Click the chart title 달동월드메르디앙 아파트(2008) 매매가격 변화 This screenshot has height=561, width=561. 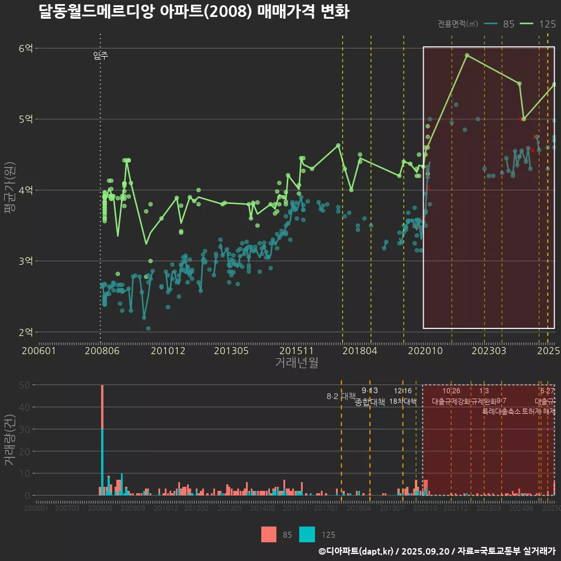tap(193, 12)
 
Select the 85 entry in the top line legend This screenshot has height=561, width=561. tap(508, 24)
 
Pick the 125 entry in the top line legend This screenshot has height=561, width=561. tap(547, 24)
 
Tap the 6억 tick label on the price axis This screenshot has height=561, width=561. tap(26, 49)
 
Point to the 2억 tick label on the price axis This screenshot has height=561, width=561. tap(26, 332)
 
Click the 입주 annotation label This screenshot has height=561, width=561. tap(101, 56)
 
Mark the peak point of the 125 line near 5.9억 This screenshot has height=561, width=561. tap(467, 55)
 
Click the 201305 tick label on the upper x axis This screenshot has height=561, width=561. tap(232, 351)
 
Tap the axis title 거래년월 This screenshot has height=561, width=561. tap(297, 363)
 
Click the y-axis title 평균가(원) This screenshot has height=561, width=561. tap(10, 190)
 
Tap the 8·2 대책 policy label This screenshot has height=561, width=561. tap(341, 396)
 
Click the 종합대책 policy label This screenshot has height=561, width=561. tap(370, 402)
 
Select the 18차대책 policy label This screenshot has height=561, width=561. tap(403, 402)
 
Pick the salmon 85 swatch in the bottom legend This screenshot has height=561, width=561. tap(269, 534)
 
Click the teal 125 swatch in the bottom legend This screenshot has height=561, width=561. tap(307, 534)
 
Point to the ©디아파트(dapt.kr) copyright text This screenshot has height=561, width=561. tap(356, 551)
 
